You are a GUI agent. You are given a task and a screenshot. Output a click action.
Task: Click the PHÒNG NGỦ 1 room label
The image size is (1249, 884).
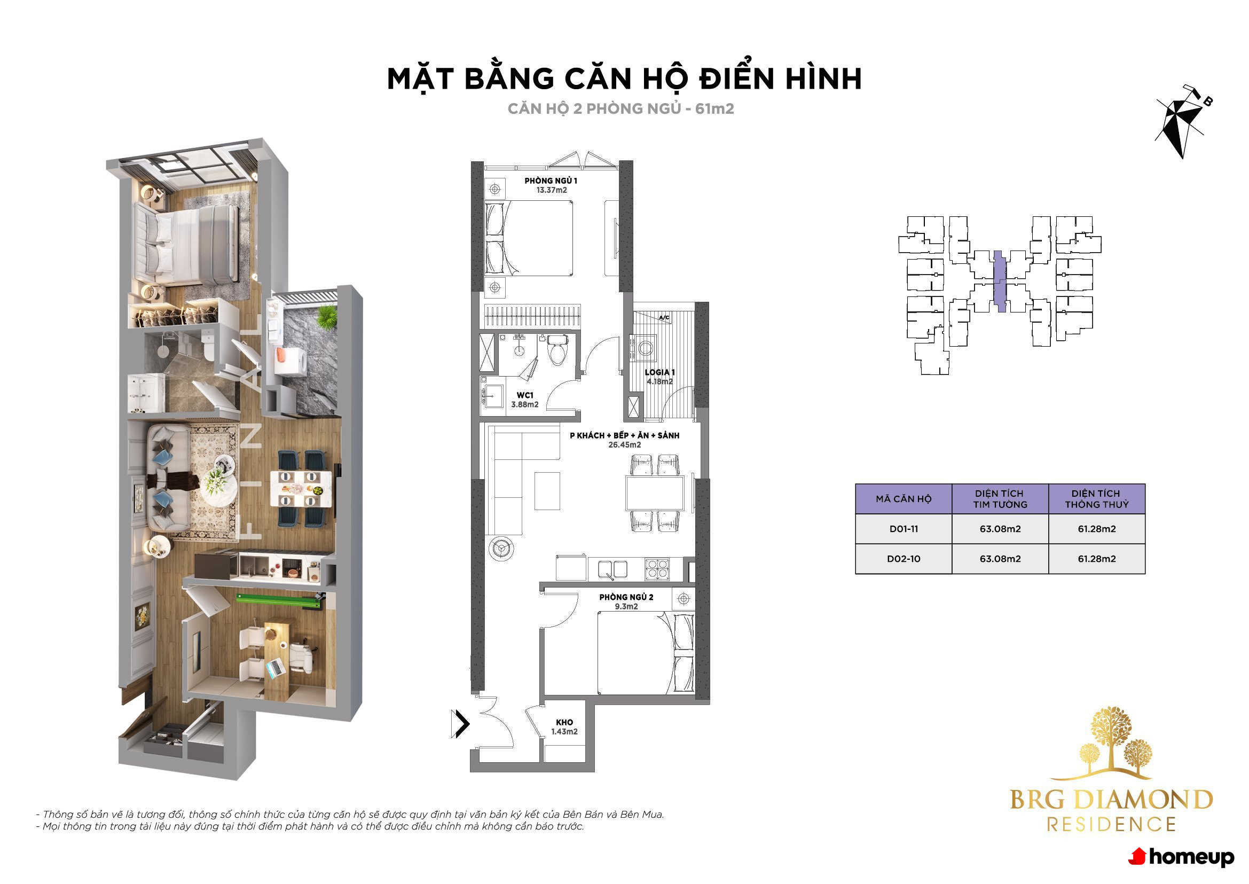(x=551, y=181)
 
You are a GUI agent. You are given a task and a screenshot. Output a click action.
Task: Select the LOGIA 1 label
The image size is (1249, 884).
(x=659, y=372)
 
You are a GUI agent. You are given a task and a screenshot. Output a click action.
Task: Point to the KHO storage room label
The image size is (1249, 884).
(x=564, y=722)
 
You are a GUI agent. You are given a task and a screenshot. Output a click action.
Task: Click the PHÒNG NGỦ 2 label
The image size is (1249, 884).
(x=626, y=597)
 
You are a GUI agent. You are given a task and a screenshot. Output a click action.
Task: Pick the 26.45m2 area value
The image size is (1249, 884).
(x=624, y=445)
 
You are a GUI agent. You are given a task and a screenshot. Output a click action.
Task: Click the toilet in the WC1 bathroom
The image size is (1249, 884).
(x=557, y=350)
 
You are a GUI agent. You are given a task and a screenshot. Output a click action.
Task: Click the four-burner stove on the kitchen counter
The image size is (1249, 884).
(x=657, y=569)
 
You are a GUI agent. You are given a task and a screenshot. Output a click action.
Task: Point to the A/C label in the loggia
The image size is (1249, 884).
(x=664, y=317)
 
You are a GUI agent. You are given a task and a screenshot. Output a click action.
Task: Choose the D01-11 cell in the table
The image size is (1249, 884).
(x=904, y=529)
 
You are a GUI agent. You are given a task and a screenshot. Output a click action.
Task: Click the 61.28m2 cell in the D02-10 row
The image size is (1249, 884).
(x=1097, y=559)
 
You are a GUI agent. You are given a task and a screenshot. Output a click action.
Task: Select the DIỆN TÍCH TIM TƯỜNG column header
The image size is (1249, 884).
(x=1000, y=498)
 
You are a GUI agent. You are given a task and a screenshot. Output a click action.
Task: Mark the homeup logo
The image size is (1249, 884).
(x=1181, y=857)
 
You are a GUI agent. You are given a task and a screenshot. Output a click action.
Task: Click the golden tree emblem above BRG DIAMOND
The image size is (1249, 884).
(x=1112, y=742)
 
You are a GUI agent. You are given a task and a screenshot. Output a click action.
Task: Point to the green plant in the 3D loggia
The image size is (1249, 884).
(x=327, y=316)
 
